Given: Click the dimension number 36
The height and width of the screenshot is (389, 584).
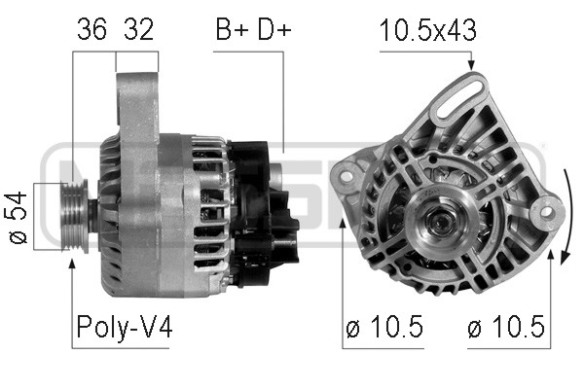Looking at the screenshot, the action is (x=91, y=29).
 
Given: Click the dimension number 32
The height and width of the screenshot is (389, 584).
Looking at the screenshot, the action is (x=138, y=29).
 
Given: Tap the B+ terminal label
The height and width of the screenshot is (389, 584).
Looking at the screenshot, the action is (x=233, y=29).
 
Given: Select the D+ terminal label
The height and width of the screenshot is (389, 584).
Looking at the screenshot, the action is (x=274, y=29).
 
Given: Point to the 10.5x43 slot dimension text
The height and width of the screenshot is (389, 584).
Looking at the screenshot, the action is (x=427, y=30).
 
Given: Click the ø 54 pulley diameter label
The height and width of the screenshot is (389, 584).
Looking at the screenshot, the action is (x=18, y=218).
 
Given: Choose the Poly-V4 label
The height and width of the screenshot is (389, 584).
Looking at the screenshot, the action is (x=125, y=327).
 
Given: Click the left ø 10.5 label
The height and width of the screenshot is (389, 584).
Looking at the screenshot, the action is (x=384, y=327).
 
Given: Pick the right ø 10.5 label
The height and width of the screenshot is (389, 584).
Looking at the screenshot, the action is (x=506, y=327).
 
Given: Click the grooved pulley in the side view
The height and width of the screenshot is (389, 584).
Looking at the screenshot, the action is (x=75, y=216).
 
